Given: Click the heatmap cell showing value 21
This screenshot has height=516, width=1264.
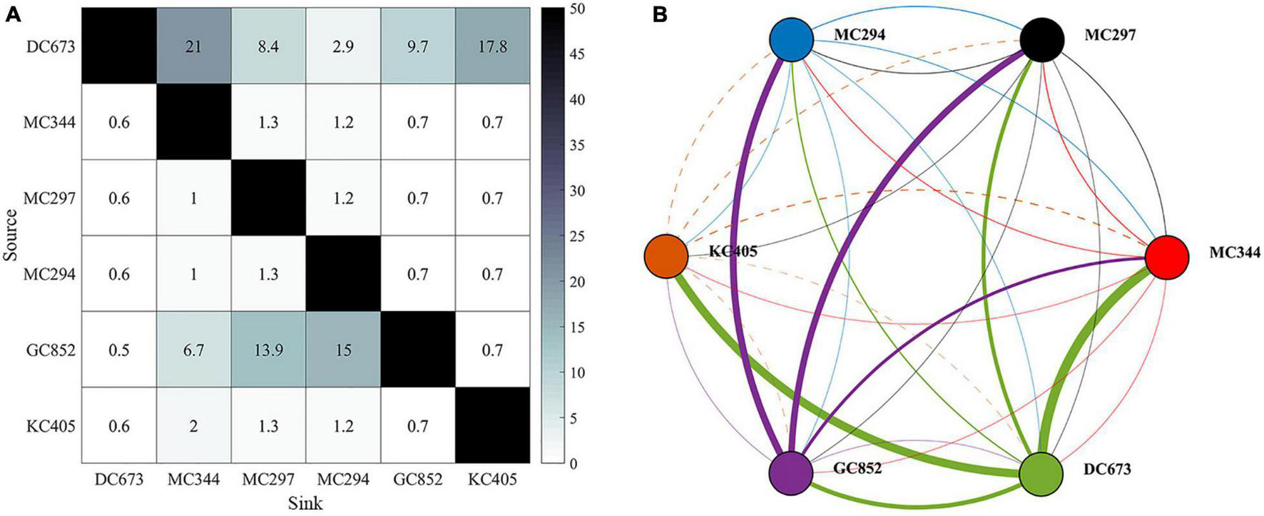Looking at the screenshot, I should click(193, 46).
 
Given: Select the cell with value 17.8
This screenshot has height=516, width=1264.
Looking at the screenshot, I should click(492, 46).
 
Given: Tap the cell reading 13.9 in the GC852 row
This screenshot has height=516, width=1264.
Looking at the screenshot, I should click(268, 350).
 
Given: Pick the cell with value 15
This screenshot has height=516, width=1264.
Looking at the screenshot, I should click(343, 350).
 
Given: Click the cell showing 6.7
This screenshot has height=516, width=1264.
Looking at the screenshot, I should click(193, 350).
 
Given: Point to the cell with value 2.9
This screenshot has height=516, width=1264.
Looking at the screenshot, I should click(343, 46).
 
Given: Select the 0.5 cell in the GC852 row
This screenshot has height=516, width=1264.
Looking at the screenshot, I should click(119, 350).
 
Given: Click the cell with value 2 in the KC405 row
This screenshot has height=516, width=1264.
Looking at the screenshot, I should click(193, 426).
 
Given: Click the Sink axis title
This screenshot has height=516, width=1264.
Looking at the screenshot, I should click(305, 503).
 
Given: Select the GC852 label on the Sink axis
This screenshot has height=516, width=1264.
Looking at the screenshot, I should click(417, 480).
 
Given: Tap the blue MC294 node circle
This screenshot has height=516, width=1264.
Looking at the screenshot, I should click(792, 39).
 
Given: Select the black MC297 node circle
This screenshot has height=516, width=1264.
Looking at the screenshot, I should click(1041, 40).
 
